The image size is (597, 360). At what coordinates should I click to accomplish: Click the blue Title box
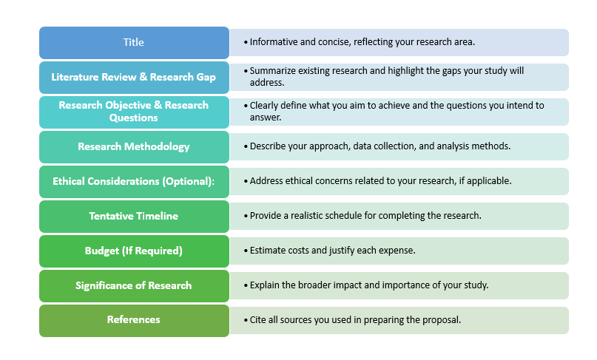(x=134, y=43)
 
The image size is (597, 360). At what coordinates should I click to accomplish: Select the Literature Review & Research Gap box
(x=134, y=77)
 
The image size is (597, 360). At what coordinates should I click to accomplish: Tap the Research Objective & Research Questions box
(x=134, y=112)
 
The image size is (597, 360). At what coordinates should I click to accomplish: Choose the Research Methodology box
(x=134, y=146)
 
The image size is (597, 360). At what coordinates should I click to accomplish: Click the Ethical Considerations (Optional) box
(x=134, y=181)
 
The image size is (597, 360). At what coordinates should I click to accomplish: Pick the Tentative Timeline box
(x=134, y=216)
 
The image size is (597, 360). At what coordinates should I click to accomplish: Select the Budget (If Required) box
(x=134, y=251)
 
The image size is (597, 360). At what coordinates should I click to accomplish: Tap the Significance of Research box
(x=134, y=285)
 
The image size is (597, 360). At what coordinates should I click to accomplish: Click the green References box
(x=134, y=320)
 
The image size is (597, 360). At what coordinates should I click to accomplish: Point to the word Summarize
(x=274, y=71)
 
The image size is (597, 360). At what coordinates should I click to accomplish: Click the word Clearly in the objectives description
(x=264, y=106)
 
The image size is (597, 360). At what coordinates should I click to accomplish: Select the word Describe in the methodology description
(x=269, y=146)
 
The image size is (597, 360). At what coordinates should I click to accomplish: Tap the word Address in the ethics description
(x=267, y=181)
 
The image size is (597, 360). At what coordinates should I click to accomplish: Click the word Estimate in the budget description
(x=269, y=251)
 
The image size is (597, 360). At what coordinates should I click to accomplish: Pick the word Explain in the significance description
(x=266, y=285)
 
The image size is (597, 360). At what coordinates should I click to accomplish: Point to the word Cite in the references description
(x=258, y=320)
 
